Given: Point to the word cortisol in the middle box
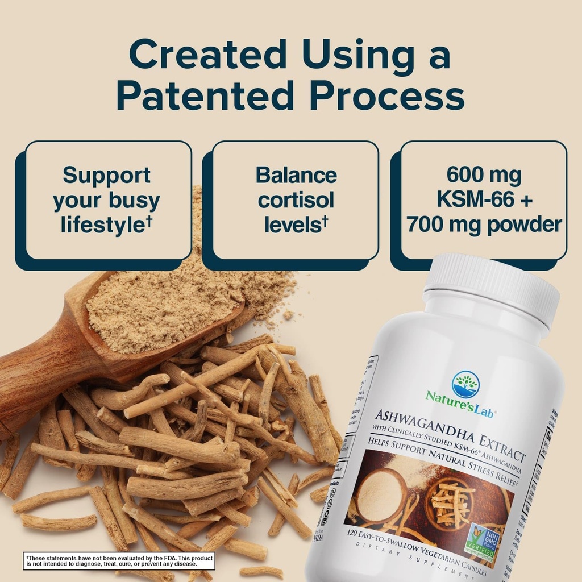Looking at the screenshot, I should (296, 200).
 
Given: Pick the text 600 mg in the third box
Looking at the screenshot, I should (484, 175).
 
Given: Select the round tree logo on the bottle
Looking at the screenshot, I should (465, 384).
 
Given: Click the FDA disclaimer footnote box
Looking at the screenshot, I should (119, 561).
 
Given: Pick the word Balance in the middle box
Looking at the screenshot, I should (296, 175).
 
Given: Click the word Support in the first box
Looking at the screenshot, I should (107, 175).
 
